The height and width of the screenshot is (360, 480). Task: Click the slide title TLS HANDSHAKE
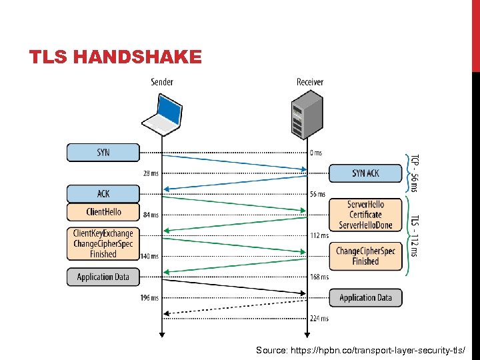(x=115, y=57)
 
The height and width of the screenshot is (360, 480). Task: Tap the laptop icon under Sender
(x=162, y=113)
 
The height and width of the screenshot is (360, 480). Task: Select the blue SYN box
(x=103, y=153)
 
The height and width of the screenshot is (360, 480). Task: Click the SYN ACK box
(x=365, y=173)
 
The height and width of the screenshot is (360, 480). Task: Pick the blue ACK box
(x=103, y=193)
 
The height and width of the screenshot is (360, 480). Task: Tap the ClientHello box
(x=103, y=212)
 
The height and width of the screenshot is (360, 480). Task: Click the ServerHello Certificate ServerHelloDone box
(x=365, y=215)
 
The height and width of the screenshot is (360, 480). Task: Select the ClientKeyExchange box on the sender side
(x=103, y=243)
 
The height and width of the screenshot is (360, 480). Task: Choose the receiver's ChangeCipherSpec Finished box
(x=365, y=256)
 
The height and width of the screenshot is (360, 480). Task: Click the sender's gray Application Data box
(x=103, y=277)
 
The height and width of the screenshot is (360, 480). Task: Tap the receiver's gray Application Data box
(x=365, y=297)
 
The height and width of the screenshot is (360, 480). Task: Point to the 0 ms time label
(x=316, y=153)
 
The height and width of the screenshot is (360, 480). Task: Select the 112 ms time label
(x=319, y=235)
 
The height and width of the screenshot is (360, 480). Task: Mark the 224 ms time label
(x=319, y=318)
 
